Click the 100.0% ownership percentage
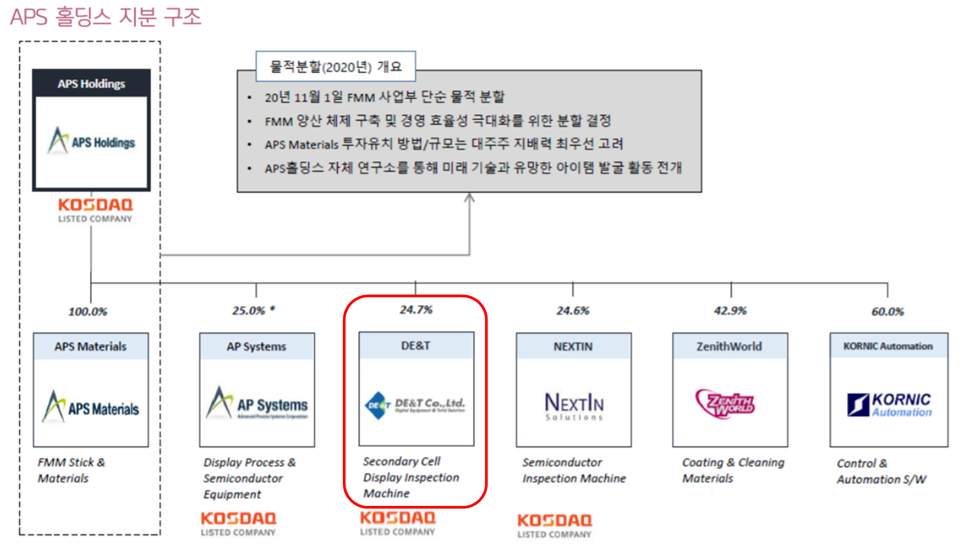tap(87, 312)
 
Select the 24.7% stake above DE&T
tap(416, 310)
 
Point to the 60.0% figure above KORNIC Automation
tap(887, 312)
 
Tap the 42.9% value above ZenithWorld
tap(730, 311)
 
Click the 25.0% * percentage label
tap(253, 311)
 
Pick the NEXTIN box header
tap(573, 347)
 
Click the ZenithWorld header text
tap(729, 347)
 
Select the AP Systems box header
tap(256, 347)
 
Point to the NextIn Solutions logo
tap(574, 406)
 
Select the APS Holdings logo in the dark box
tap(92, 141)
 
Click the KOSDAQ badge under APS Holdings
tap(95, 210)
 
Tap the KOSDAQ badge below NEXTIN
tap(554, 525)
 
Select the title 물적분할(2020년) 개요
tap(336, 67)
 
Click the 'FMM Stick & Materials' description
tap(71, 470)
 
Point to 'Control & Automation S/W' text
tap(880, 471)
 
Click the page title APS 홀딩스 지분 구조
tap(106, 17)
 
